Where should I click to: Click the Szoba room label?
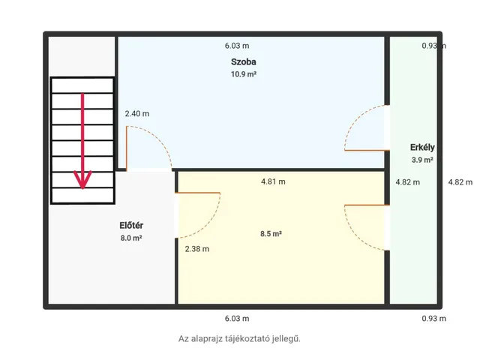pyautogui.click(x=243, y=61)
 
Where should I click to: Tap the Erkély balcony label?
pyautogui.click(x=422, y=148)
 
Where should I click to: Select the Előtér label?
pyautogui.click(x=131, y=226)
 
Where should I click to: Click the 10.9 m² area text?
pyautogui.click(x=243, y=74)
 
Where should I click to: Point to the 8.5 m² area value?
pyautogui.click(x=271, y=234)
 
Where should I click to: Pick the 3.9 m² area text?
pyautogui.click(x=422, y=160)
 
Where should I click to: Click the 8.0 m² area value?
pyautogui.click(x=131, y=238)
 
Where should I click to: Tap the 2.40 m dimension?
pyautogui.click(x=137, y=113)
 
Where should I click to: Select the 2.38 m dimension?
pyautogui.click(x=197, y=249)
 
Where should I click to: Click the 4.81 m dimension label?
pyautogui.click(x=273, y=181)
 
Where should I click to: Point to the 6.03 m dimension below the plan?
pyautogui.click(x=237, y=318)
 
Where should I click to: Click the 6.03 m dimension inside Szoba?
pyautogui.click(x=237, y=46)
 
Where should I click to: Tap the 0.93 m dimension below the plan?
pyautogui.click(x=433, y=318)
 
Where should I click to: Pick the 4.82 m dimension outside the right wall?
pyautogui.click(x=460, y=182)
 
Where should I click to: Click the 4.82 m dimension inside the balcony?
pyautogui.click(x=408, y=182)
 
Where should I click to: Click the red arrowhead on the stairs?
pyautogui.click(x=82, y=180)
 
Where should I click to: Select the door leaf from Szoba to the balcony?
pyautogui.click(x=367, y=150)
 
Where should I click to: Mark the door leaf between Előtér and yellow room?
pyautogui.click(x=198, y=193)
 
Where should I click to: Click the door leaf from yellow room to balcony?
pyautogui.click(x=367, y=205)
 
